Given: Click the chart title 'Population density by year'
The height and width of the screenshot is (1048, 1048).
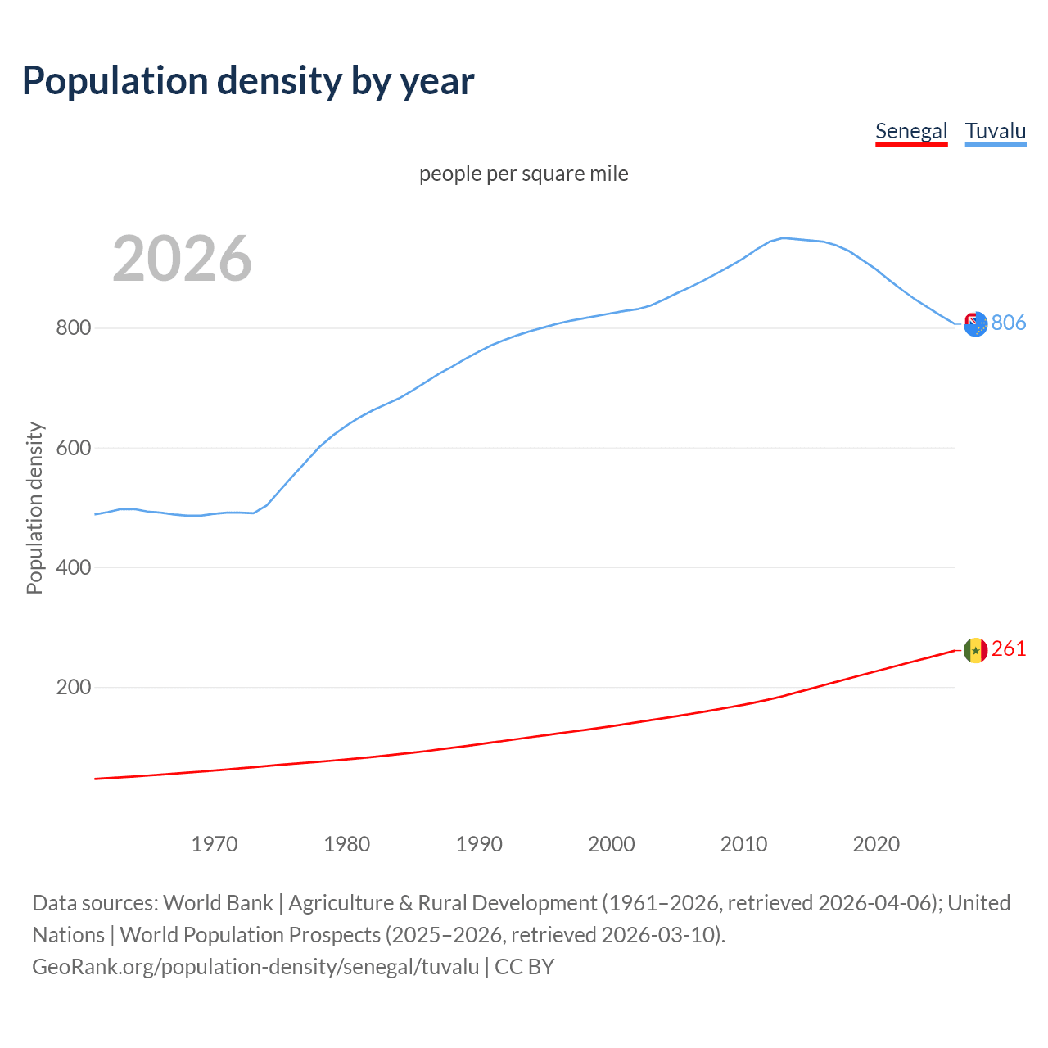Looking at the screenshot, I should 248,81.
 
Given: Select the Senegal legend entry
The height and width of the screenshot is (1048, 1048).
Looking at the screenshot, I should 911,131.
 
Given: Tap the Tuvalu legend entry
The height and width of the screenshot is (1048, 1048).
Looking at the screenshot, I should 996,131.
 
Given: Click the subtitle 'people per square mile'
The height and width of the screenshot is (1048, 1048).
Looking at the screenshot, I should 524,174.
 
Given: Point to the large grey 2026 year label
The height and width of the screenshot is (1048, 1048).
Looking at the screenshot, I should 182,259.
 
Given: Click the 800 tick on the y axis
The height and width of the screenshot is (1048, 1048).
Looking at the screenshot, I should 73,328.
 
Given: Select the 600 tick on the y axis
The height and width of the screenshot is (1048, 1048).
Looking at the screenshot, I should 73,448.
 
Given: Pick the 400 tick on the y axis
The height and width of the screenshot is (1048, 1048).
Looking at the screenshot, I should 73,567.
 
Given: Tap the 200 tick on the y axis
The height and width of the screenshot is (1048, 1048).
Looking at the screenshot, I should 73,687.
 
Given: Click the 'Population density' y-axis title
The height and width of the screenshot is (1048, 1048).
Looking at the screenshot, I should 34,508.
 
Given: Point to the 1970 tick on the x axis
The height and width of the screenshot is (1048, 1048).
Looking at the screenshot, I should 215,844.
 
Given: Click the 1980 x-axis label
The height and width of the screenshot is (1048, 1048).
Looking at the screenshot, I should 347,844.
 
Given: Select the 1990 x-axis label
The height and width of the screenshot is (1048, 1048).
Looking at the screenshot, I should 479,844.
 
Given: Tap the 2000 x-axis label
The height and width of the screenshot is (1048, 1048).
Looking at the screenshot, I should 612,844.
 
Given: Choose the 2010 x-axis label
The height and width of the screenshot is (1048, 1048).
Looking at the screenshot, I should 743,844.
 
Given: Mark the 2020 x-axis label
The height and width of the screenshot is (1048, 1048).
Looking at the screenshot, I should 876,844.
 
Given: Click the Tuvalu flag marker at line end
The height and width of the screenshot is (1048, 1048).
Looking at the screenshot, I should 975,324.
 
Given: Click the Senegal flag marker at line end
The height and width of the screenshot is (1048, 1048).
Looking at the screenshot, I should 975,650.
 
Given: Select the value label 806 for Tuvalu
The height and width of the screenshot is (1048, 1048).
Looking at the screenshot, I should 1009,323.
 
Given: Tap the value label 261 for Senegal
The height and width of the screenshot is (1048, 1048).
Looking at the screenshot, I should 1009,649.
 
